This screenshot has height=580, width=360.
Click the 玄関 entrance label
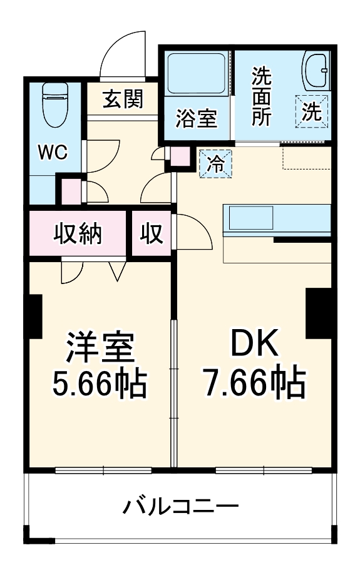pyautogui.click(x=123, y=98)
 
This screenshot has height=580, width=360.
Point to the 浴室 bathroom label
pyautogui.click(x=196, y=118)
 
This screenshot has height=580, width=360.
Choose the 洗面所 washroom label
pyautogui.click(x=262, y=96)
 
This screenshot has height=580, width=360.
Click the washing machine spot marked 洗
pyautogui.click(x=312, y=111)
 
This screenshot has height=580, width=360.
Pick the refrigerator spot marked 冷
pyautogui.click(x=215, y=164)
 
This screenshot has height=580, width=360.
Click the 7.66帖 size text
pyautogui.click(x=253, y=383)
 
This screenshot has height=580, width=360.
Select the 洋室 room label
pyautogui.click(x=100, y=348)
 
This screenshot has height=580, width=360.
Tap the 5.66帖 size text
pyautogui.click(x=100, y=384)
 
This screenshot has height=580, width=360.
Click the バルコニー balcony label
pyautogui.click(x=180, y=506)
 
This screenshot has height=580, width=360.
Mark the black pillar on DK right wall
pyautogui.click(x=319, y=313)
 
